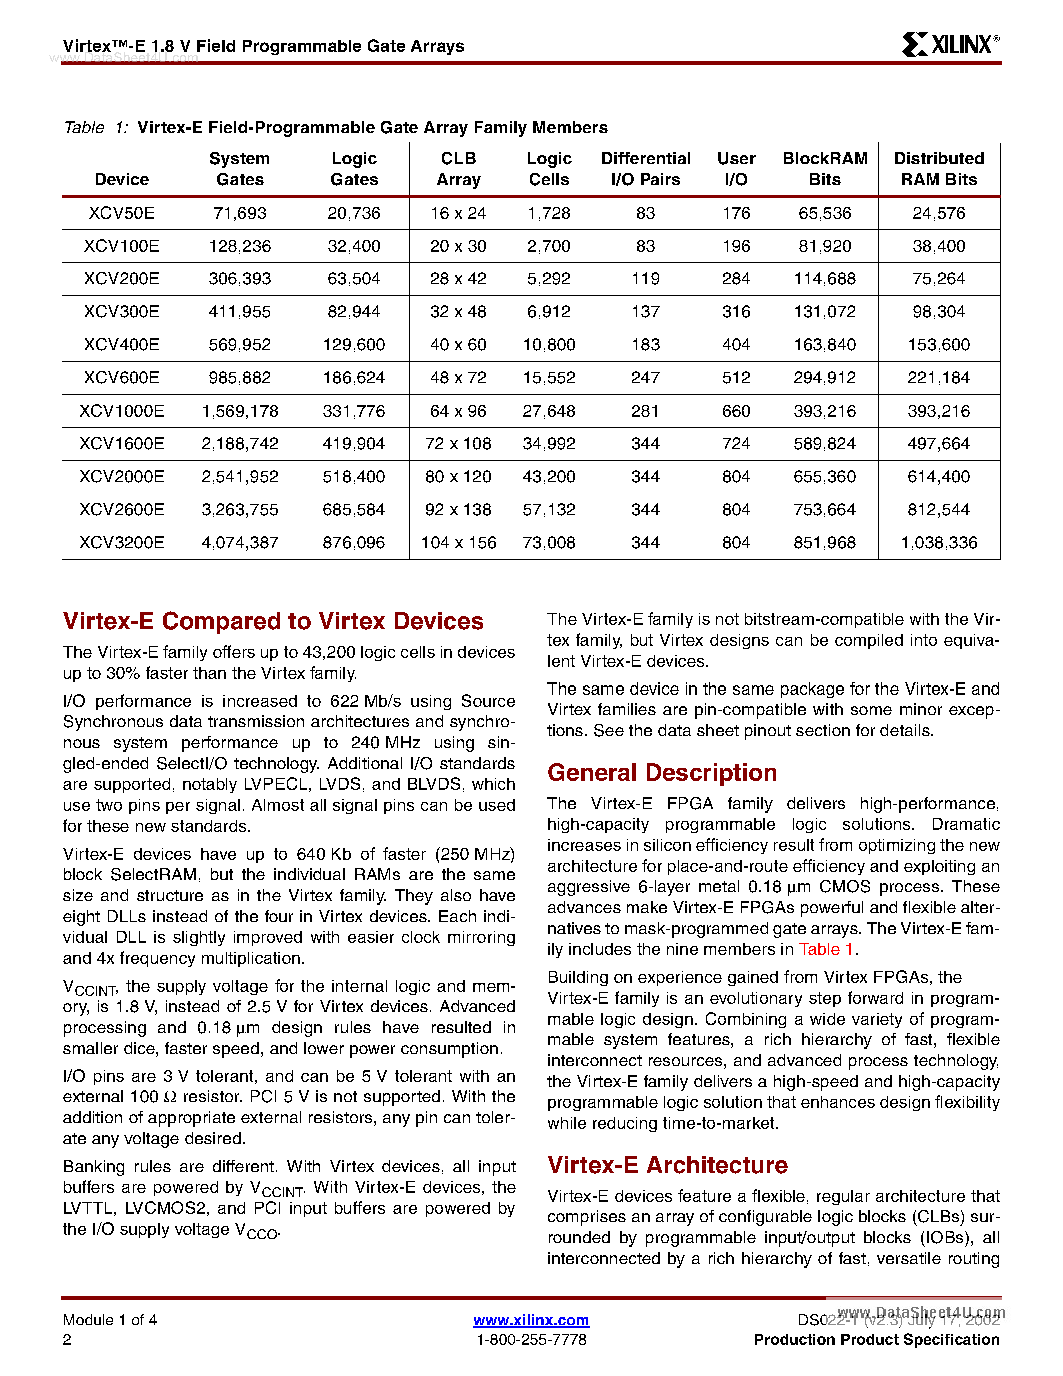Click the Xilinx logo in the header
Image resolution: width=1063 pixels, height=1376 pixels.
click(x=949, y=44)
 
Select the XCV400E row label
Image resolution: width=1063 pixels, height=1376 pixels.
click(x=122, y=345)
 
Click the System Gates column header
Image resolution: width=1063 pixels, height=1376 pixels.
click(x=239, y=169)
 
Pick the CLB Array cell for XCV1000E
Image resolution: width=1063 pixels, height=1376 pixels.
click(x=458, y=411)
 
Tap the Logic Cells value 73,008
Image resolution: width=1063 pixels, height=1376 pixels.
click(x=548, y=542)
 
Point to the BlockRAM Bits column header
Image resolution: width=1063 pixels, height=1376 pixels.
click(x=824, y=169)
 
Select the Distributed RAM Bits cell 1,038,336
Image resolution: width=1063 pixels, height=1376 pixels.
click(x=938, y=542)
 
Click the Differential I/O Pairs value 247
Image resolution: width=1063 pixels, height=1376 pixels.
click(x=645, y=377)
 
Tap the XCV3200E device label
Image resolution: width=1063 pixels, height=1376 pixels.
click(x=122, y=542)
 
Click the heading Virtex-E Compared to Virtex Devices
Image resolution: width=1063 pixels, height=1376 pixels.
click(x=273, y=621)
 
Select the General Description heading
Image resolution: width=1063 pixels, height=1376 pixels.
click(x=662, y=773)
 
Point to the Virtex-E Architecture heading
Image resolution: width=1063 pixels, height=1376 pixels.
click(x=667, y=1165)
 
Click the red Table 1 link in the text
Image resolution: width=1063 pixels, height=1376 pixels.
click(x=825, y=949)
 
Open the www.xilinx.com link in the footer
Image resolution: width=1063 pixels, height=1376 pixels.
click(x=531, y=1320)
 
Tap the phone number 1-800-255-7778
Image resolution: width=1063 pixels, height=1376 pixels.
click(x=531, y=1339)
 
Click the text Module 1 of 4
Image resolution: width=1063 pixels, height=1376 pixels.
click(x=110, y=1320)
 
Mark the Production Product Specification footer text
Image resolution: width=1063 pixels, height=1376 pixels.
click(x=876, y=1339)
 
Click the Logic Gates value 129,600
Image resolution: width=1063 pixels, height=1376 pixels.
click(x=353, y=345)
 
